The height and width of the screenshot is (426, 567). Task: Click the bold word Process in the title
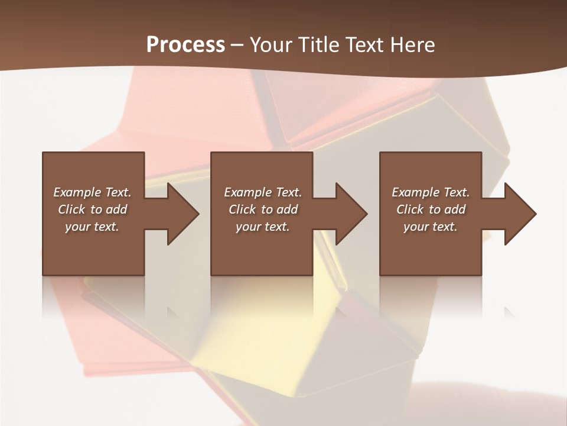pos(185,45)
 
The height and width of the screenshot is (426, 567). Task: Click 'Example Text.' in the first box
pos(92,192)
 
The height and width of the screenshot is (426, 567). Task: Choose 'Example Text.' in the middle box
pos(263,192)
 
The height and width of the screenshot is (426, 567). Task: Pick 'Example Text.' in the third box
pos(431,192)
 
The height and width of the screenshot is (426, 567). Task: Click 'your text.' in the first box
pos(92,227)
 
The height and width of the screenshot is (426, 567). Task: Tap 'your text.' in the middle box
pos(263,227)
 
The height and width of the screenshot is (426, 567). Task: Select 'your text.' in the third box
pos(431,227)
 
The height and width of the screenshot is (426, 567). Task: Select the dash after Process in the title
pos(237,45)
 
